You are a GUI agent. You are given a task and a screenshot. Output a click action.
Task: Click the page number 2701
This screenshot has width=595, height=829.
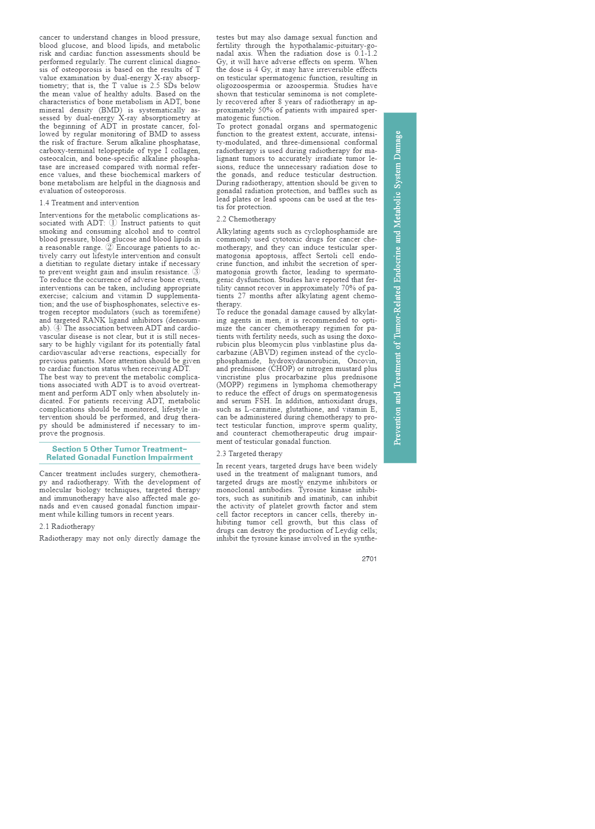[x=369, y=559]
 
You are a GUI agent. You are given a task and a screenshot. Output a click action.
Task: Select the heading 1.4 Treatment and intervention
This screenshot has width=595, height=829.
[x=89, y=203]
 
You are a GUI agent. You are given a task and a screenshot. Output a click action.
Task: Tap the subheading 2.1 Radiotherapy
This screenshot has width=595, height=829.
[x=67, y=526]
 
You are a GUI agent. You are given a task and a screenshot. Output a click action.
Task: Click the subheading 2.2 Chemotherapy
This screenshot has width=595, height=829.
[x=246, y=219]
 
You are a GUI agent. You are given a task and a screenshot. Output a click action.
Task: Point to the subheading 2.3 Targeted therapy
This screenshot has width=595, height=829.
[x=249, y=454]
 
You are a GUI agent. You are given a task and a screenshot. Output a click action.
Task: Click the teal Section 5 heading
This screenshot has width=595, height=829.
[x=120, y=453]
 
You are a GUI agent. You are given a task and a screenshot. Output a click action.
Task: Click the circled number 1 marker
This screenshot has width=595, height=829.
[x=113, y=223]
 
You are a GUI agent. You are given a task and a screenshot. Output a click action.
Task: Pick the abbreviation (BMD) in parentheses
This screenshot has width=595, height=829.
[x=110, y=110]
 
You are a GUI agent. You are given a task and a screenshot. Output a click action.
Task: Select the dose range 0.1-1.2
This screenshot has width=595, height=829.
[x=365, y=53]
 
